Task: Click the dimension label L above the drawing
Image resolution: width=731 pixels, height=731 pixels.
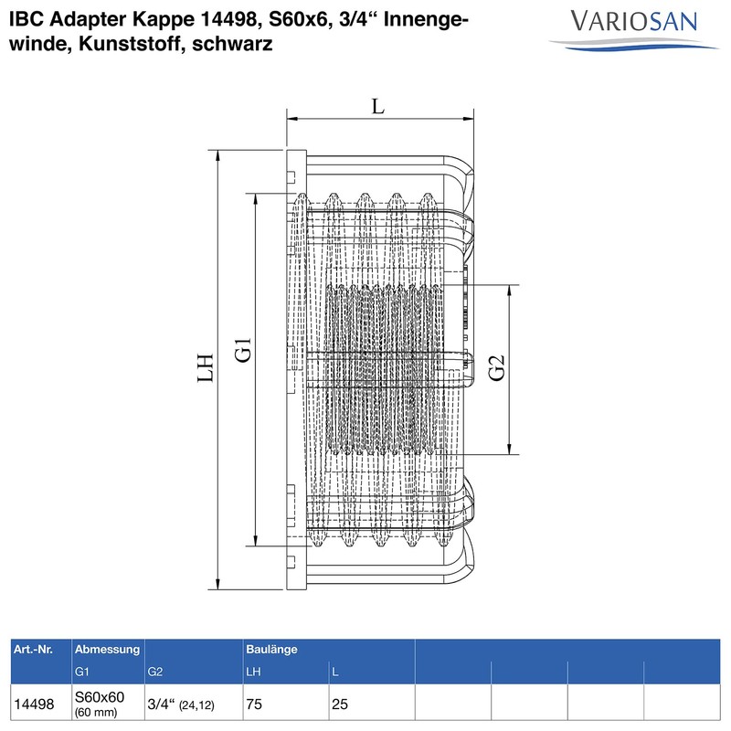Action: click(378, 106)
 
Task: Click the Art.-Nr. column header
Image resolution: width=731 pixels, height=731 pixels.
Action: click(33, 649)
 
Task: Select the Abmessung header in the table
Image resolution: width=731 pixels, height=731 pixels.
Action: click(107, 649)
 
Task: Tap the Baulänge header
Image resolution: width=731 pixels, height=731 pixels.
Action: click(271, 649)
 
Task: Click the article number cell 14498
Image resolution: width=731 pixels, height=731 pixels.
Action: click(33, 705)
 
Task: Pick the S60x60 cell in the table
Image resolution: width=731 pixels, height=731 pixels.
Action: click(100, 698)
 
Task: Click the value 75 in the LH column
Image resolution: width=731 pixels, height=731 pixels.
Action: click(255, 705)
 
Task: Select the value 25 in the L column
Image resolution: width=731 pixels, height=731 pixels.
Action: click(340, 705)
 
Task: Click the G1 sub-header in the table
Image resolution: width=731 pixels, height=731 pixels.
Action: click(82, 673)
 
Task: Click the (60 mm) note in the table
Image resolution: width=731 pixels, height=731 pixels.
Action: click(95, 713)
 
